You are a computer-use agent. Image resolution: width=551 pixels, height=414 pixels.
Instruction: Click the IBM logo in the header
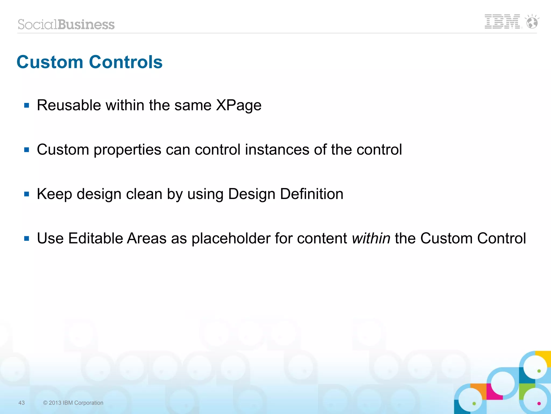pos(502,22)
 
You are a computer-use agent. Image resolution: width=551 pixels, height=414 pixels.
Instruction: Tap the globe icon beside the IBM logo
pos(532,22)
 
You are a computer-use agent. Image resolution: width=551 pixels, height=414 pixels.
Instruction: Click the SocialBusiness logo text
pos(66,25)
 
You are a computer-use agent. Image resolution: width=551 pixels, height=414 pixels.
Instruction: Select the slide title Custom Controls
pos(90,62)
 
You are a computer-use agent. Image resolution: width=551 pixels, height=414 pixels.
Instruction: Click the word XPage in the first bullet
pos(239,105)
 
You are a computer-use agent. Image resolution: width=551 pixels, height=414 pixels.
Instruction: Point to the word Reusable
pos(69,105)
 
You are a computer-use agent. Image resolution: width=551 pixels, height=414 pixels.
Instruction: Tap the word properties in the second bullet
pos(127,150)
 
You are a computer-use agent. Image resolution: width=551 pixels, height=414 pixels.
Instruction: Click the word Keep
pos(54,194)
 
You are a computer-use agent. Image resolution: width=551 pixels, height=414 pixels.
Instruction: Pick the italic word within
pos(371,238)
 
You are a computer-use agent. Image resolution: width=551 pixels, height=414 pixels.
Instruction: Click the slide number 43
pos(22,403)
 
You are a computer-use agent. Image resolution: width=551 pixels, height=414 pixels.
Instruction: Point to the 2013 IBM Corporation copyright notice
pos(73,403)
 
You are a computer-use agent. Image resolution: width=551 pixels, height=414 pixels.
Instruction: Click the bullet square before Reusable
pos(26,105)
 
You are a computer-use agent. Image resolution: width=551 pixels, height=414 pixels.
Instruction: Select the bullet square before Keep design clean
pos(26,194)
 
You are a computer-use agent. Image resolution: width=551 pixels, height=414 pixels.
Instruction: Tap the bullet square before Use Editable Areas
pos(26,238)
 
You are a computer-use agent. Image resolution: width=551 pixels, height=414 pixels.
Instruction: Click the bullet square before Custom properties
pos(26,150)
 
